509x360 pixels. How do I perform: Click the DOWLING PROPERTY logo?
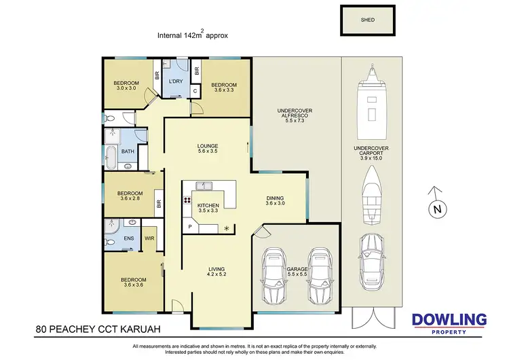449,323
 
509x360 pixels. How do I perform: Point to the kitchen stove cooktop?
186,200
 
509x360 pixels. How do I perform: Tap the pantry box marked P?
189,226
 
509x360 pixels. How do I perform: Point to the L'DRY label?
176,82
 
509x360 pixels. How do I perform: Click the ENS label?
129,238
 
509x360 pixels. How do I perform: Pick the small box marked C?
195,90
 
